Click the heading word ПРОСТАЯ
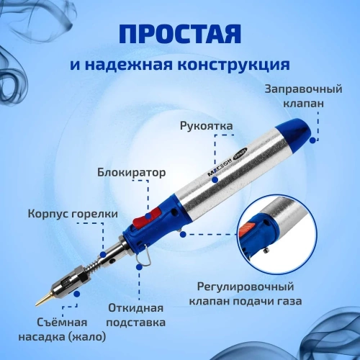(x=179, y=35)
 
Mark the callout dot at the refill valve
(x=312, y=140)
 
